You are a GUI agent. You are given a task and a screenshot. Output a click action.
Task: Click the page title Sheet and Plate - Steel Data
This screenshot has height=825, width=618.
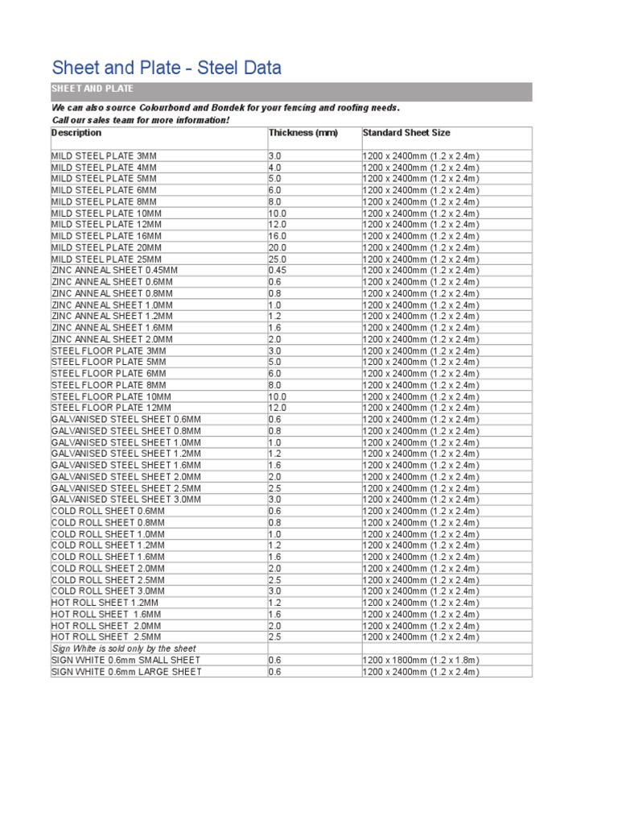pyautogui.click(x=167, y=68)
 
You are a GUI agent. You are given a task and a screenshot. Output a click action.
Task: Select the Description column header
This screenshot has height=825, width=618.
pyautogui.click(x=76, y=133)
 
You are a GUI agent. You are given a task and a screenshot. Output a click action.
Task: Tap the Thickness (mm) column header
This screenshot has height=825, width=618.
pyautogui.click(x=303, y=133)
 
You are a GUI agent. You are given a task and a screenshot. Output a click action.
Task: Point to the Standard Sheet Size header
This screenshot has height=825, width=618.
pyautogui.click(x=406, y=133)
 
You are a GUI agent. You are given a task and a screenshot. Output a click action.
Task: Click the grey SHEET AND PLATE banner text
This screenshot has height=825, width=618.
pyautogui.click(x=93, y=89)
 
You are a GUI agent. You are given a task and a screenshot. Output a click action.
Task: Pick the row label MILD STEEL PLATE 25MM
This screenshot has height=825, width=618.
pyautogui.click(x=106, y=259)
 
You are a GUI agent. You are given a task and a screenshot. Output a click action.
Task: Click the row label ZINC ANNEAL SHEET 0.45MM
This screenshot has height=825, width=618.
pyautogui.click(x=114, y=271)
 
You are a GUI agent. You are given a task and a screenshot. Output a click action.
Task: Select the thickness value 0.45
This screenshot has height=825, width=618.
pyautogui.click(x=278, y=271)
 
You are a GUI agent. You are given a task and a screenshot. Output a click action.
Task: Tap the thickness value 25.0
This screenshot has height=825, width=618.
pyautogui.click(x=278, y=259)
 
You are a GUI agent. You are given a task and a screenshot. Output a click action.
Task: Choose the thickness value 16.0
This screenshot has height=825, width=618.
pyautogui.click(x=278, y=236)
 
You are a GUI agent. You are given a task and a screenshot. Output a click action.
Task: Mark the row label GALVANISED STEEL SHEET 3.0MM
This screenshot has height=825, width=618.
pyautogui.click(x=126, y=500)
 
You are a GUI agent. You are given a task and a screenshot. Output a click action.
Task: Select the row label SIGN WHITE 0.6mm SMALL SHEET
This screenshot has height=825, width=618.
pyautogui.click(x=126, y=660)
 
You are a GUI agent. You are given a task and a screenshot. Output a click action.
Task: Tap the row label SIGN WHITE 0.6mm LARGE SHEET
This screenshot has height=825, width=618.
pyautogui.click(x=126, y=672)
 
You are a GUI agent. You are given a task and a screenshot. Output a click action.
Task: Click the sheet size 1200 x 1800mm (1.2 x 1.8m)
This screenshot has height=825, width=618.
pyautogui.click(x=421, y=660)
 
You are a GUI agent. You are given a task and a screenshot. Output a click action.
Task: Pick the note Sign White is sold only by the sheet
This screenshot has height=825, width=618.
pyautogui.click(x=124, y=649)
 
